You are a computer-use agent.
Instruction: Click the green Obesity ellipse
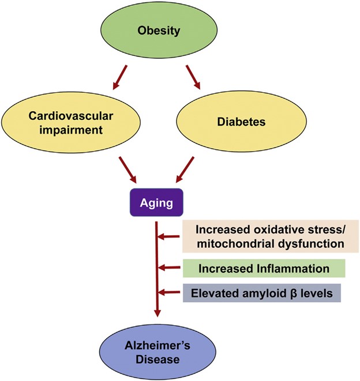coord(159,30)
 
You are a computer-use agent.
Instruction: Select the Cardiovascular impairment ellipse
coord(71,122)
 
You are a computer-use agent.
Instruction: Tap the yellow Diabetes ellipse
coord(241,122)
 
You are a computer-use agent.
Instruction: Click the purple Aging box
coord(156,202)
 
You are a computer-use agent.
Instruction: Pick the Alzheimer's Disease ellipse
coord(157,352)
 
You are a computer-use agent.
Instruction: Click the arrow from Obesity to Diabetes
coord(193,77)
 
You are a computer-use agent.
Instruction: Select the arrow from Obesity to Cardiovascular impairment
coord(120,77)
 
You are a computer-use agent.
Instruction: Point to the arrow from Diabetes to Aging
coord(185,169)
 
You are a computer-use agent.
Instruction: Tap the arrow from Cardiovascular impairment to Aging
coord(127,170)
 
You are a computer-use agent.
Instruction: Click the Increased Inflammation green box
coord(264,268)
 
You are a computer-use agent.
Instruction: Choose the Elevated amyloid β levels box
coord(262,293)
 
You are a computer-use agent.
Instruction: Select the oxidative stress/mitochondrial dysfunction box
coord(271,236)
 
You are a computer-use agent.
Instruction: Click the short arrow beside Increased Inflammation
coord(169,268)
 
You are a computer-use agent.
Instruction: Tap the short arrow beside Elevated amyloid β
coord(169,292)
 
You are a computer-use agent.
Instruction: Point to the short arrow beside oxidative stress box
coord(168,236)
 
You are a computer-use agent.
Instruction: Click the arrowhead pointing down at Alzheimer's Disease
coord(157,313)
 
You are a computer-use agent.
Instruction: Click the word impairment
coord(71,130)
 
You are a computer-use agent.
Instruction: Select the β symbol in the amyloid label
coord(294,293)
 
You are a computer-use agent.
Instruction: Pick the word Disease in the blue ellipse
coord(157,359)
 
